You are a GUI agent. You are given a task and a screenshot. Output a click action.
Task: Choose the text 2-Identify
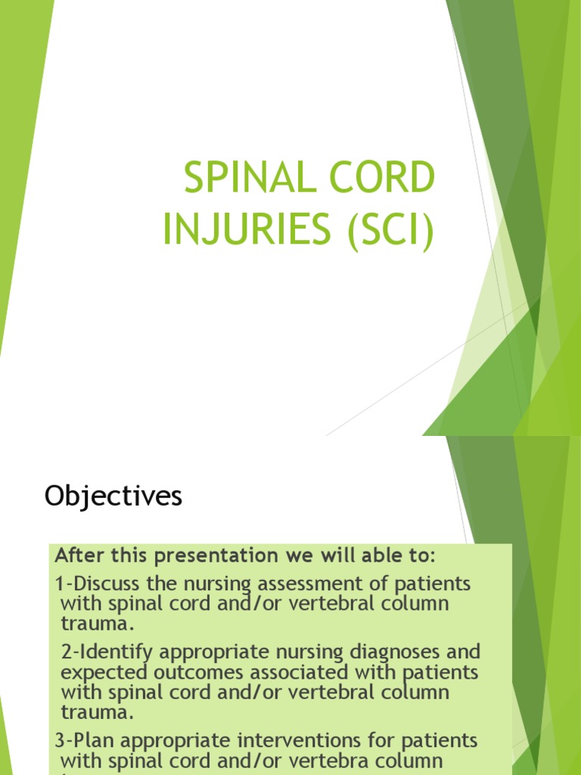101,652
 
